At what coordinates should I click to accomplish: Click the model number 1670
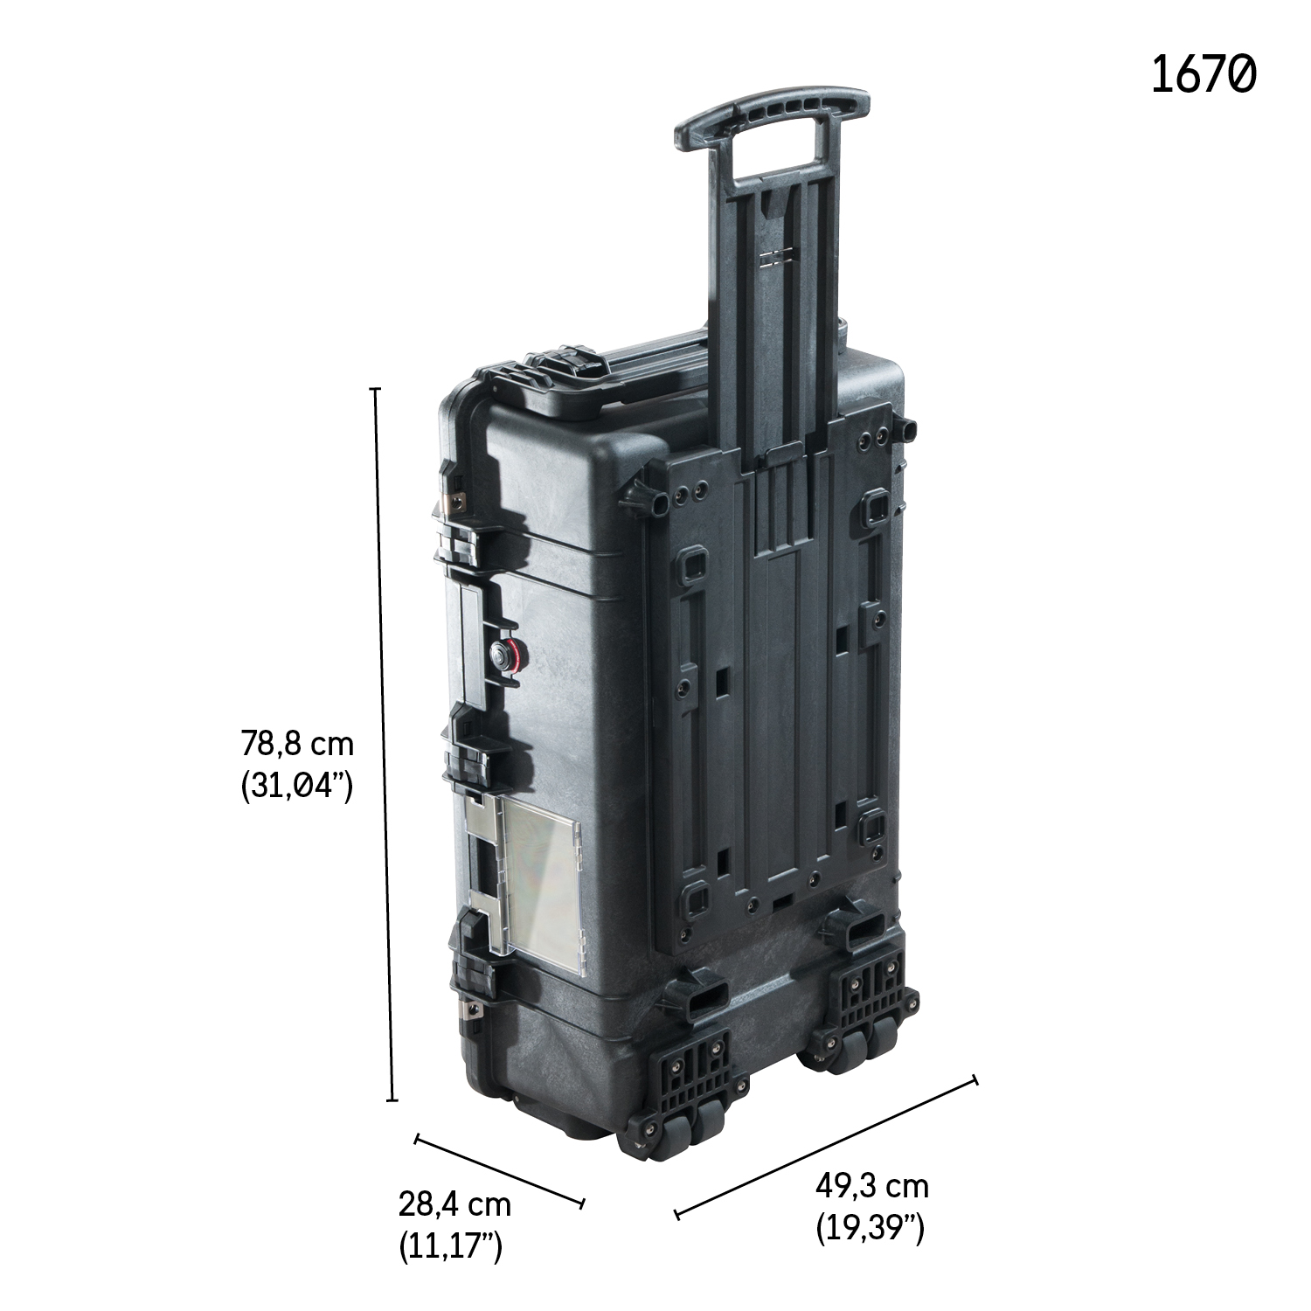[1203, 73]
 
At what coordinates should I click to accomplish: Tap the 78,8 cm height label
[297, 745]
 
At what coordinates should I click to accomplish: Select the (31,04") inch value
[296, 787]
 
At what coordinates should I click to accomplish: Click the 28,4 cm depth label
[454, 1204]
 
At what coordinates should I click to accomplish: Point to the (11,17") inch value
[451, 1246]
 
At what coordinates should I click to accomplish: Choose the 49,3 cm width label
[872, 1187]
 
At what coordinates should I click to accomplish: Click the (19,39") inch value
[871, 1229]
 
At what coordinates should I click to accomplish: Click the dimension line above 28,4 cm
[499, 1171]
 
